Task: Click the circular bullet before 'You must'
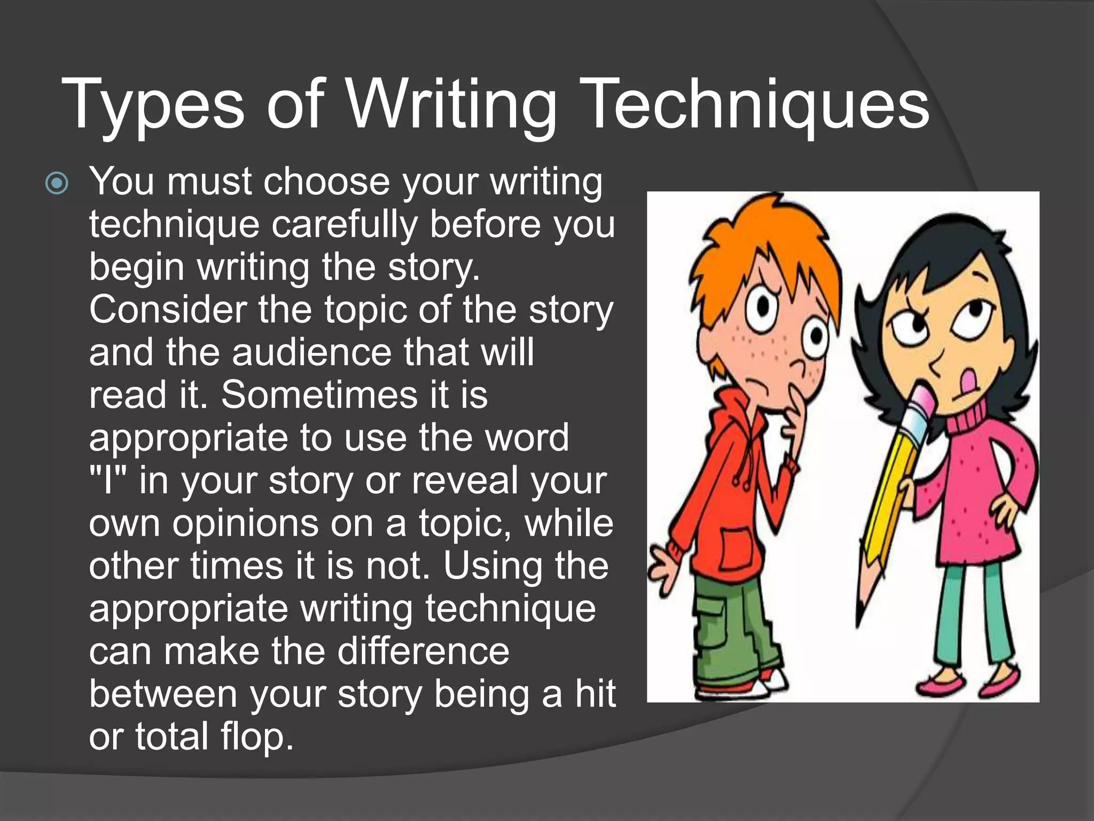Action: click(x=57, y=184)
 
